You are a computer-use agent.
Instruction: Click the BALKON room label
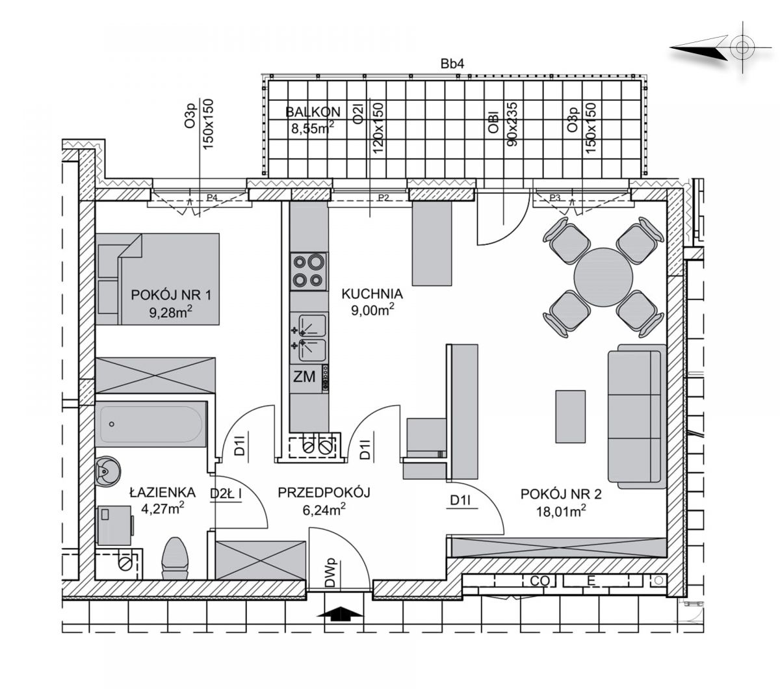coord(313,112)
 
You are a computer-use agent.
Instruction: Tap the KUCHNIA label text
coord(372,294)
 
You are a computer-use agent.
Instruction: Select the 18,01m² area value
coord(561,511)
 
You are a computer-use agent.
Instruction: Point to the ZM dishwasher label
coord(304,376)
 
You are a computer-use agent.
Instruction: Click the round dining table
coord(603,277)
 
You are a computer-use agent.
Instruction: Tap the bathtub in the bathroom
coord(151,424)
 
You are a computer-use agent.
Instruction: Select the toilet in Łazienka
coord(175,558)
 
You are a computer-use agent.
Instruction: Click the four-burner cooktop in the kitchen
coord(309,271)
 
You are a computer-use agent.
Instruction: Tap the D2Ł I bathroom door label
coord(226,494)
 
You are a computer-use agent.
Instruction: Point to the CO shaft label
coord(539,581)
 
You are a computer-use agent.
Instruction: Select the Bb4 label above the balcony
coord(452,64)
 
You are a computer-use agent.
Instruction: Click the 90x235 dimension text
coord(512,124)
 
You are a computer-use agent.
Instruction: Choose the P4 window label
coord(212,198)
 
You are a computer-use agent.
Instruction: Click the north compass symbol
coord(721,47)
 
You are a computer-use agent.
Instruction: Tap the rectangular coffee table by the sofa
coord(570,417)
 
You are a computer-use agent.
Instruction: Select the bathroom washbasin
coord(107,471)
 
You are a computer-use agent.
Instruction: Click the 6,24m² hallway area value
coord(324,510)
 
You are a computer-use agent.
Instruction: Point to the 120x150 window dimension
coord(378,127)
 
